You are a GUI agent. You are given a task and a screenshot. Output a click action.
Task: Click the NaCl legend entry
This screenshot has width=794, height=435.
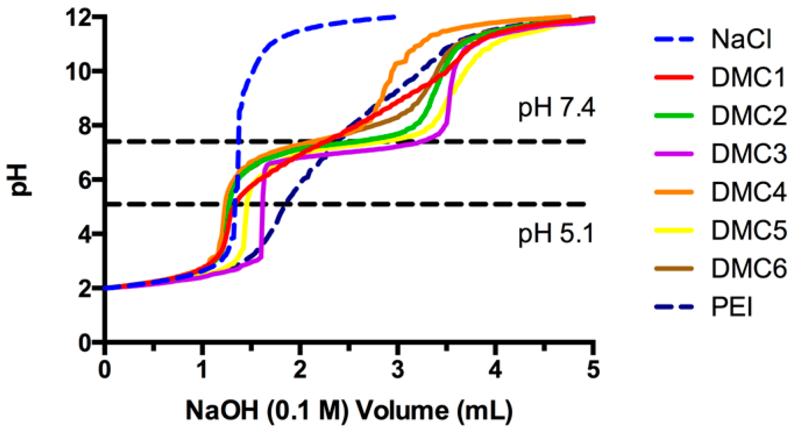pos(741,39)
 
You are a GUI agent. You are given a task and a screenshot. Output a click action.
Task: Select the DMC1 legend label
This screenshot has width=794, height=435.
pos(748,77)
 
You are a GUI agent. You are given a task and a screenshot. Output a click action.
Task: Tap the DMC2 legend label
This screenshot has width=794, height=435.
pos(748,115)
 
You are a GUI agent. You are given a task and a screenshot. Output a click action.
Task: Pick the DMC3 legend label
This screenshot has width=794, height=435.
pos(748,154)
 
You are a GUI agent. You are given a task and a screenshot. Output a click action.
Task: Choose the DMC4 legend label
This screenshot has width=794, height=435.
pos(748,192)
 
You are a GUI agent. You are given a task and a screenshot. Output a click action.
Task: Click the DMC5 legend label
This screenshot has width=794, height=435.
pos(748,230)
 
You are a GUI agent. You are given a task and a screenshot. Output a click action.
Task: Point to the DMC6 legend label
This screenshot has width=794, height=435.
pos(748,268)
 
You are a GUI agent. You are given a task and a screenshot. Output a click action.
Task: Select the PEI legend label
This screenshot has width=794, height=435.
pos(731,307)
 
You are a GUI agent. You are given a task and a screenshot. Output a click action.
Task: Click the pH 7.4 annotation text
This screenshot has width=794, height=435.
pos(556,108)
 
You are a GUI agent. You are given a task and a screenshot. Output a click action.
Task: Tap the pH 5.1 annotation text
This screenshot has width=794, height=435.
pos(556,233)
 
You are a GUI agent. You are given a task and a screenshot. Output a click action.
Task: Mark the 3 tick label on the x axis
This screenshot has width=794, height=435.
pos(398,370)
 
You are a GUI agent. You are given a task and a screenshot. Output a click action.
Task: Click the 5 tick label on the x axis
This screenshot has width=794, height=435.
pos(593,370)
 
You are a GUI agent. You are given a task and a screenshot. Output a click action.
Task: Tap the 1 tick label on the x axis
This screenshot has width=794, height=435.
pos(201,370)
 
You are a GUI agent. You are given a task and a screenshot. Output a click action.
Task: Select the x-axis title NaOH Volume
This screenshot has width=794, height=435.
pos(349,410)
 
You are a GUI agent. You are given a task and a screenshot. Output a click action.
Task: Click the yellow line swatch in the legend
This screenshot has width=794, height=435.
pos(674,230)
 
